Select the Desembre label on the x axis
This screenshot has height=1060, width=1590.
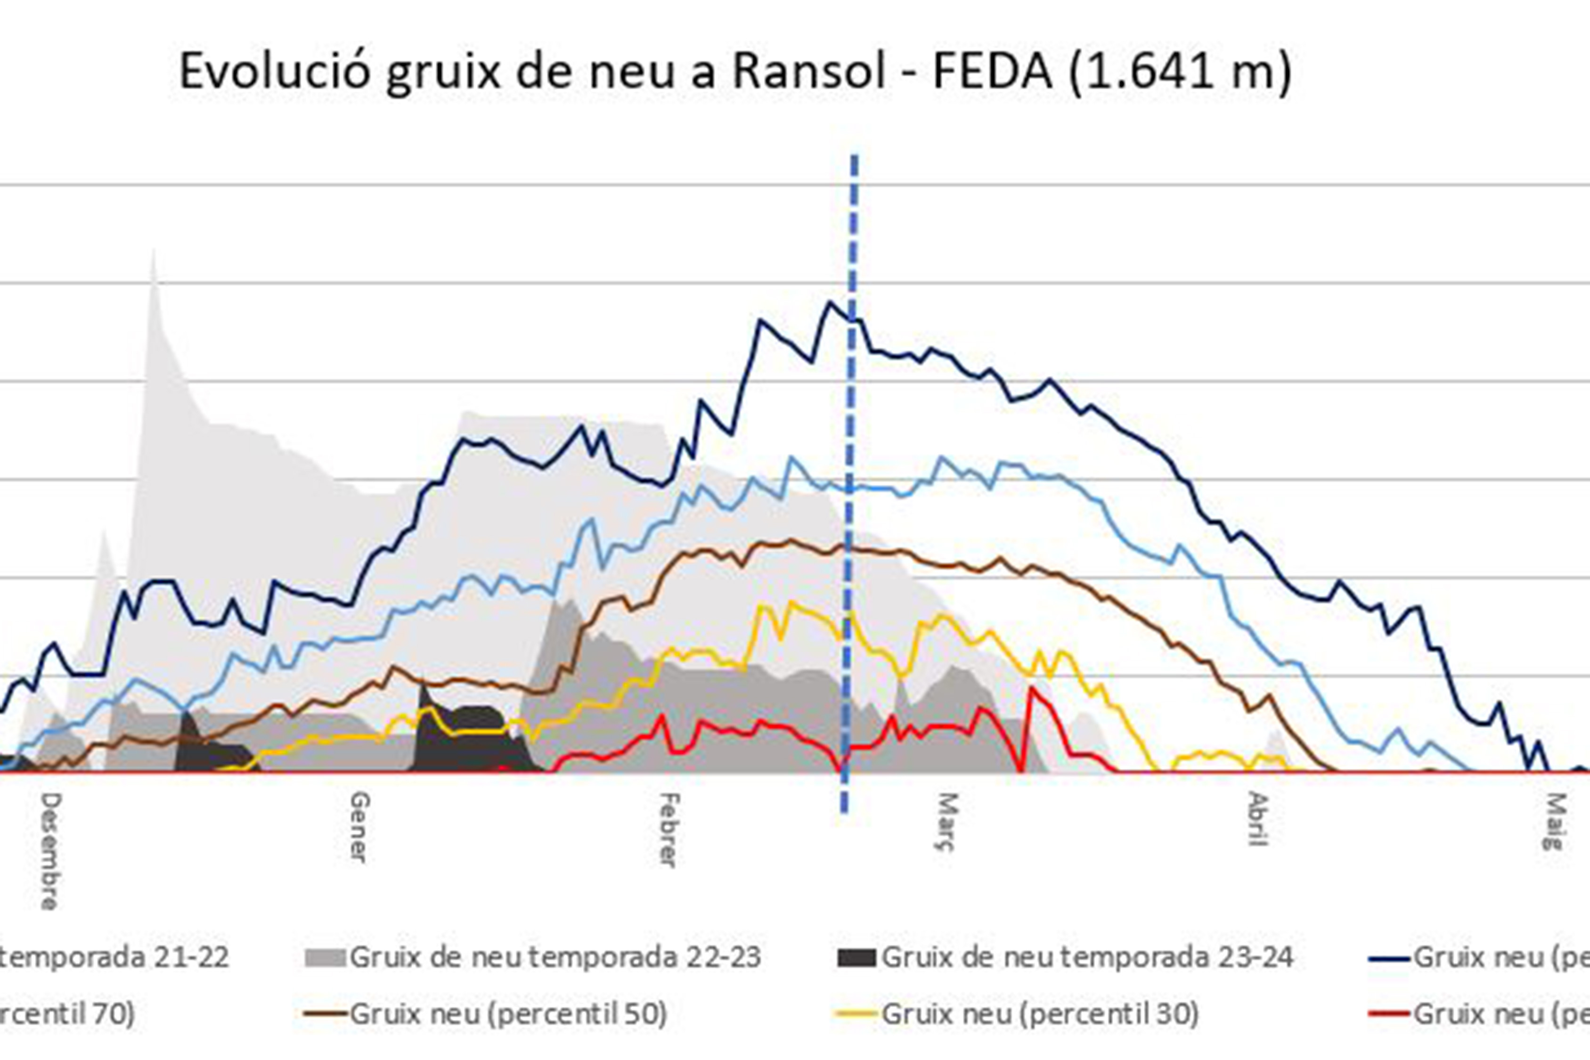point(50,850)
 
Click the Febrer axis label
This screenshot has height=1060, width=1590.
point(668,830)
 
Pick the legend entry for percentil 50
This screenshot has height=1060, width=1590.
point(508,1013)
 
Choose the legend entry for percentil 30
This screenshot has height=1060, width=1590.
point(1040,1013)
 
